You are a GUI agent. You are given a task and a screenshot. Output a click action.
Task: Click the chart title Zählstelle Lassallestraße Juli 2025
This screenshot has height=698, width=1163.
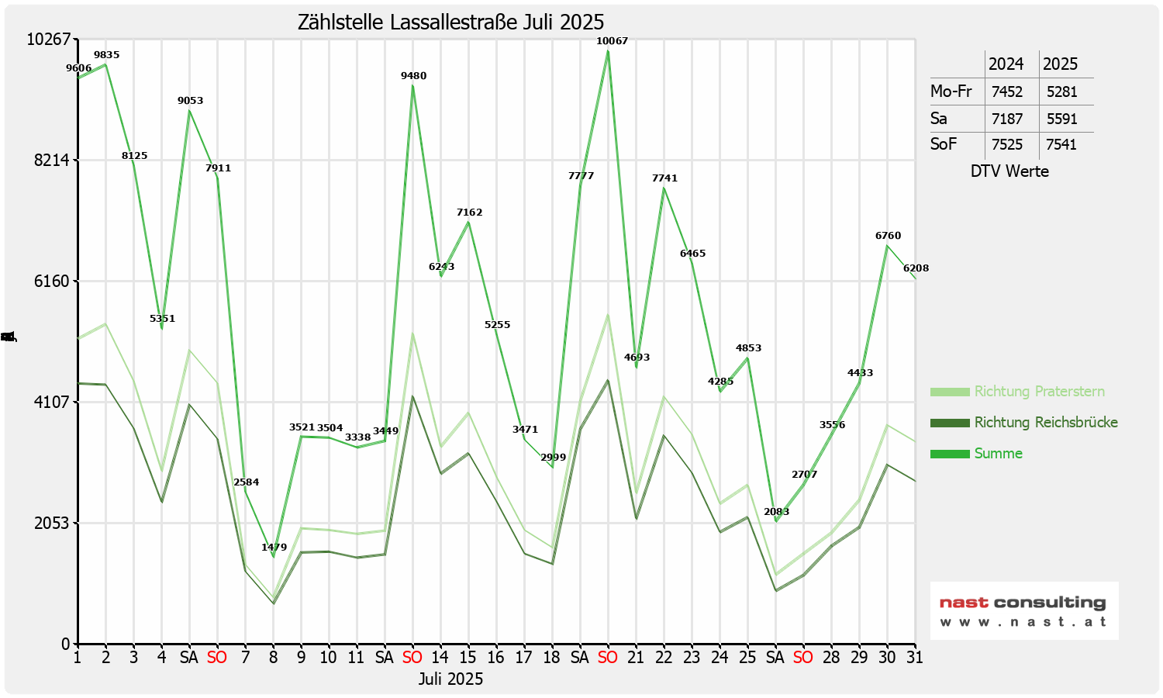click(x=450, y=22)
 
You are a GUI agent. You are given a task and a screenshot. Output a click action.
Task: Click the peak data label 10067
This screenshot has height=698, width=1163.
click(x=612, y=41)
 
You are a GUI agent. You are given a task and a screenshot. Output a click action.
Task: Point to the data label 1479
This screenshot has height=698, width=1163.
click(x=274, y=548)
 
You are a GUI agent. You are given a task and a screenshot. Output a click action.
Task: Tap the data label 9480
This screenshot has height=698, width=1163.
click(x=413, y=76)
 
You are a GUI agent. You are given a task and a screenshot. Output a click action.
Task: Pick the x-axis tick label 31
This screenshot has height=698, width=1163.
click(x=915, y=658)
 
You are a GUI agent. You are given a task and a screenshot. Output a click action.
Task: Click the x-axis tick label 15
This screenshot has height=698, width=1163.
click(x=468, y=658)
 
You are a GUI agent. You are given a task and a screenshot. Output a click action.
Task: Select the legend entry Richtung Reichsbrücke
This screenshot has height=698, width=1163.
click(x=1045, y=423)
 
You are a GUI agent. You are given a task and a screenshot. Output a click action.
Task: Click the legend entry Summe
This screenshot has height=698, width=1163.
click(x=998, y=454)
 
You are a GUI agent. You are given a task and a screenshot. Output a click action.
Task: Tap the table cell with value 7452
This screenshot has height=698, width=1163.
click(x=1007, y=92)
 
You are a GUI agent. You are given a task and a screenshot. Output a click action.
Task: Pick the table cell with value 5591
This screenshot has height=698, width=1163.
click(x=1061, y=119)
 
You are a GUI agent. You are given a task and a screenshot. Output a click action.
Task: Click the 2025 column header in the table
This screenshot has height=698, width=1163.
click(x=1060, y=64)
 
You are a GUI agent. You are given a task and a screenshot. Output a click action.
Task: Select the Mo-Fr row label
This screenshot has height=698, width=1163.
click(x=951, y=92)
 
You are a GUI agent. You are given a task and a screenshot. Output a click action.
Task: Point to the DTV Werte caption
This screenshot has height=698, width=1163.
click(x=1009, y=171)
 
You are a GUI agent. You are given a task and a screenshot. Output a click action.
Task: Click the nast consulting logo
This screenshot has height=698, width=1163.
click(x=1023, y=611)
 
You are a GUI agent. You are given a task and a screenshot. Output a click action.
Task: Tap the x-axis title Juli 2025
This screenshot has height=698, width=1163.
click(x=450, y=679)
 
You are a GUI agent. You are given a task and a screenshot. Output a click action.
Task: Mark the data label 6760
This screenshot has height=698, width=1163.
click(x=888, y=236)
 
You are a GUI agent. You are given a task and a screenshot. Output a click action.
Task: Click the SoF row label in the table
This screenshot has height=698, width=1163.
click(x=944, y=144)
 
